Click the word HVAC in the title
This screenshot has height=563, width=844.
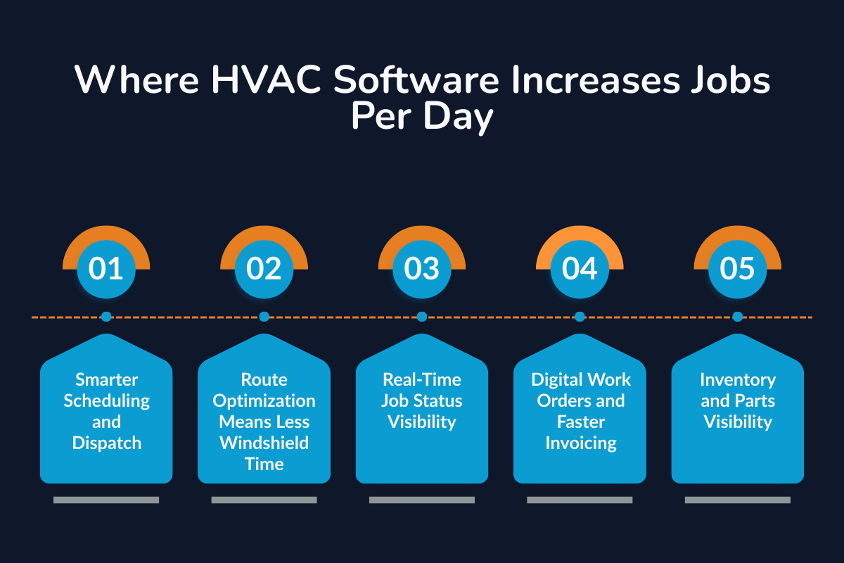(267, 82)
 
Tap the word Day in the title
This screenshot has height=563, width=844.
(459, 118)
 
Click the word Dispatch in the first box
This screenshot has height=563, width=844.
(106, 443)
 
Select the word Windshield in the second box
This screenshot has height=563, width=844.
(264, 443)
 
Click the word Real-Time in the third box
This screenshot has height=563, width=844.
(422, 380)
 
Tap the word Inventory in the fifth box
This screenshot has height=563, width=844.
(737, 380)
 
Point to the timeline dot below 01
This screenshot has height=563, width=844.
(106, 317)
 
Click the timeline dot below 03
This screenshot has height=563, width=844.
(422, 317)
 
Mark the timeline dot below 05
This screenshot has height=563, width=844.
(737, 317)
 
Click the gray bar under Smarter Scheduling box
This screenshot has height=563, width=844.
(106, 500)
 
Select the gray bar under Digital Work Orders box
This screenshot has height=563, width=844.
(580, 500)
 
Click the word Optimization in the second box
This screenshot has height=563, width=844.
(264, 401)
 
